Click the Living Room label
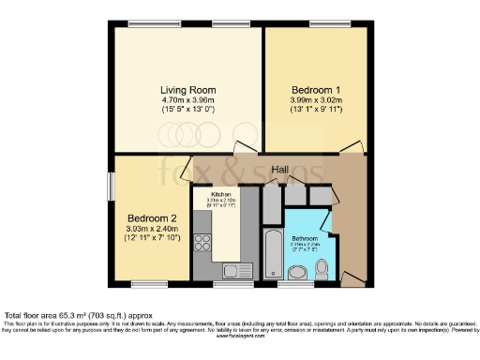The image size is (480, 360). [x=184, y=83]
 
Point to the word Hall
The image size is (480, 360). [x=279, y=169]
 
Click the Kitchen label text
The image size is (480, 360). [x=208, y=194]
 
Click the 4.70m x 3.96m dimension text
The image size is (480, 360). [x=184, y=96]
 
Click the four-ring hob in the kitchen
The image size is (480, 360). [x=202, y=244]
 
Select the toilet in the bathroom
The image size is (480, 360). [x=321, y=270]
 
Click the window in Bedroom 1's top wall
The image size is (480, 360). [x=323, y=24]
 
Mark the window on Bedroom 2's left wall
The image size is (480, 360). [x=111, y=185]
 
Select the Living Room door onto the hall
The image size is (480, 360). [x=246, y=148]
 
